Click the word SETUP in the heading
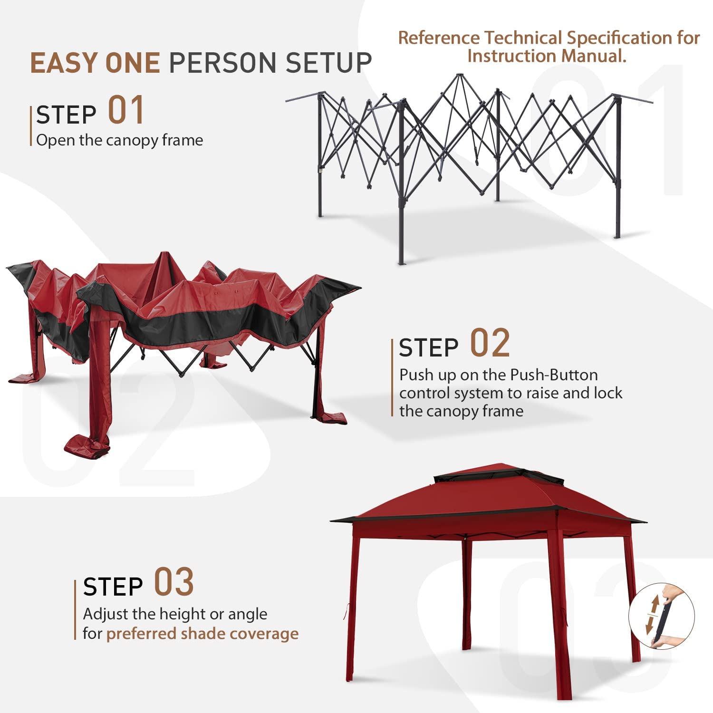[328, 63]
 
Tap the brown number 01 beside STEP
[126, 110]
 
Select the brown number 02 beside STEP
[490, 343]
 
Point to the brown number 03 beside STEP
[174, 582]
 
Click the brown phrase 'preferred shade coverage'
[202, 634]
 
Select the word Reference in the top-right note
[439, 38]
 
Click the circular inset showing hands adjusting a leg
[661, 617]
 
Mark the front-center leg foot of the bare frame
[402, 262]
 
